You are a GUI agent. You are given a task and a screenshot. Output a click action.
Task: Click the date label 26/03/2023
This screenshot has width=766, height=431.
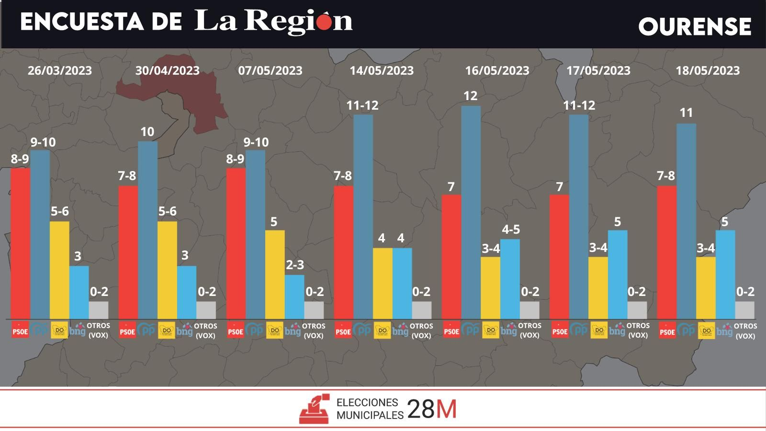[x=59, y=70]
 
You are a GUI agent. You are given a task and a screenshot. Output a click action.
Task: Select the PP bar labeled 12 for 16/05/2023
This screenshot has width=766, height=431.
[x=471, y=211]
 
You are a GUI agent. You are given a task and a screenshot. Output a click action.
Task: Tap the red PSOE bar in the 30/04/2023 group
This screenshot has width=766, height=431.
[x=128, y=251]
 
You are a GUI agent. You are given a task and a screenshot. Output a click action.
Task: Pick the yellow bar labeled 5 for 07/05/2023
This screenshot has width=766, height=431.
[x=275, y=274]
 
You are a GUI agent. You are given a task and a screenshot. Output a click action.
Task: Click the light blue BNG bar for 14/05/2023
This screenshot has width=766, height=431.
[x=402, y=283]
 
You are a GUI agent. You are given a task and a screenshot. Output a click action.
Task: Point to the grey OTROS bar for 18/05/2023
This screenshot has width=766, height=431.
[x=745, y=310]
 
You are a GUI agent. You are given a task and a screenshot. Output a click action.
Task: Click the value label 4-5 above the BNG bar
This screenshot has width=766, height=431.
[x=510, y=229]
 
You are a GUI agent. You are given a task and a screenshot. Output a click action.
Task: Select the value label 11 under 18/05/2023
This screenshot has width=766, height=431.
[x=686, y=113]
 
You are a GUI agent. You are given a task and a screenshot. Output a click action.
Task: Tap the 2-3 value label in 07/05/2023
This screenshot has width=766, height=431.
[x=295, y=265]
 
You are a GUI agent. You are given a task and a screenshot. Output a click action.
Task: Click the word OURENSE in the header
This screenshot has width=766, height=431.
[x=695, y=27]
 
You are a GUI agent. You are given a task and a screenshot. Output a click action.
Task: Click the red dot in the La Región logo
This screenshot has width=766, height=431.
[x=324, y=23]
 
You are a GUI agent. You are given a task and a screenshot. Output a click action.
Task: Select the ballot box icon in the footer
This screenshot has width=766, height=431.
[x=315, y=409]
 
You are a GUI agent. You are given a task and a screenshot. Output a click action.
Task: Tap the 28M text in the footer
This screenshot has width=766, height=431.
[x=432, y=409]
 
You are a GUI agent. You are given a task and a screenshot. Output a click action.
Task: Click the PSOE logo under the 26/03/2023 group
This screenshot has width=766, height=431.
[x=20, y=330]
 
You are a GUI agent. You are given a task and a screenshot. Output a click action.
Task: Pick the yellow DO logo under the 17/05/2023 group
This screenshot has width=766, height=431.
[x=599, y=330]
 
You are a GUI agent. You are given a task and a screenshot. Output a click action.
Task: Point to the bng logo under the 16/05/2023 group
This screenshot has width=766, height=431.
[x=509, y=330]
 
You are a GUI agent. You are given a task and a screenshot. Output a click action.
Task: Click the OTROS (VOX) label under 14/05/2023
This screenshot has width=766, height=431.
[x=421, y=330]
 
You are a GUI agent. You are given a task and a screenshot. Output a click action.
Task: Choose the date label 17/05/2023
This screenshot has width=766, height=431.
[x=598, y=70]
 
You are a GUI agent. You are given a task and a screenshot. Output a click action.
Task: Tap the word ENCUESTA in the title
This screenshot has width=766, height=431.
[x=81, y=22]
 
